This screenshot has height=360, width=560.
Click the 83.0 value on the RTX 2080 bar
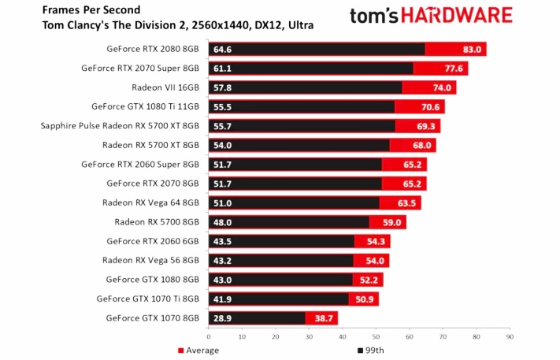click(472, 50)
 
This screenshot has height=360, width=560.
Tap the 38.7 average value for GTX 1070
click(325, 318)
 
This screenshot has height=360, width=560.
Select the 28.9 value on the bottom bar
click(221, 318)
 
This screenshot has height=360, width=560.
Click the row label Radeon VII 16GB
click(171, 87)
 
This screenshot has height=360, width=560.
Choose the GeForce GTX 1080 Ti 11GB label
click(145, 106)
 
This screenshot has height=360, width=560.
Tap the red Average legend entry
click(197, 351)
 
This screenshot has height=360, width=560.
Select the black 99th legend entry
click(373, 351)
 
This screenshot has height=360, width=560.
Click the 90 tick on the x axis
click(510, 336)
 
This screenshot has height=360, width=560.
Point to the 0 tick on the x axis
click(208, 336)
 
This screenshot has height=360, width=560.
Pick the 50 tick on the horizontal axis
click(376, 336)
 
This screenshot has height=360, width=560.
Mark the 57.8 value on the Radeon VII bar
click(221, 87)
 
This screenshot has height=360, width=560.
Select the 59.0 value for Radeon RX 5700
click(392, 222)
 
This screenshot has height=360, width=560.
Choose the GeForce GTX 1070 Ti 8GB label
click(148, 299)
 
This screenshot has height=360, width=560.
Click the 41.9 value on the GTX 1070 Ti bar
click(221, 299)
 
